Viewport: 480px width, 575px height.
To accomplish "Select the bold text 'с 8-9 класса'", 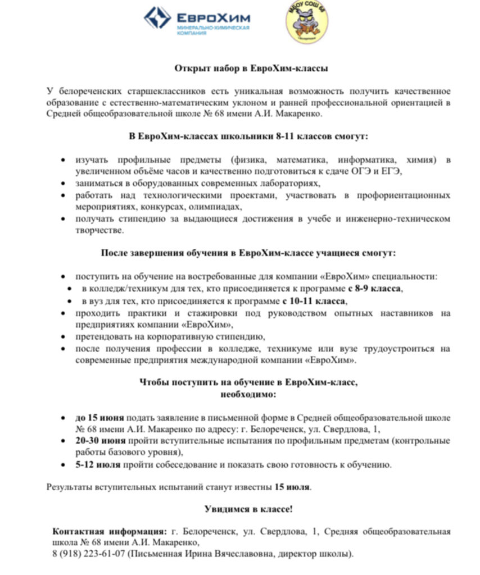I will [x=374, y=289].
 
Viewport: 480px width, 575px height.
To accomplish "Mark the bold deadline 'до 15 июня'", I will [x=99, y=418].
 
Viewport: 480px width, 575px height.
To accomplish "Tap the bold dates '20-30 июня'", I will [x=100, y=441].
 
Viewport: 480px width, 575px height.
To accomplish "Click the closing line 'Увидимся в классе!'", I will [x=247, y=509].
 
